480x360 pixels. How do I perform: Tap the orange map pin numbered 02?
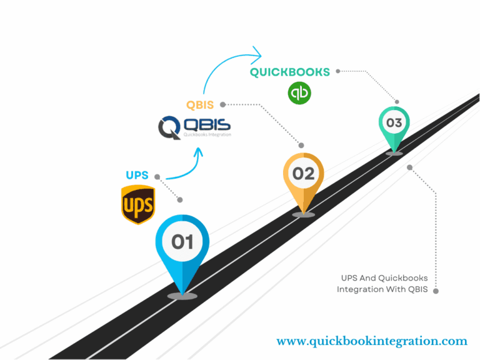[x=304, y=178]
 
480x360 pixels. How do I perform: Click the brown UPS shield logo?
[x=137, y=204]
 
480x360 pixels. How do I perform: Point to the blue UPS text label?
[x=137, y=176]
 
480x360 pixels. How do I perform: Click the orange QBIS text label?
[x=201, y=104]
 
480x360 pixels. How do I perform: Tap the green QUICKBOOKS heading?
[x=290, y=72]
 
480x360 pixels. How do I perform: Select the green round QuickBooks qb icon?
[x=299, y=93]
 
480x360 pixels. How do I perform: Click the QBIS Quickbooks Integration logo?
[x=194, y=127]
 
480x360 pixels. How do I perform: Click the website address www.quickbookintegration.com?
[x=372, y=341]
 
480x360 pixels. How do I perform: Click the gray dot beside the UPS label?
[x=157, y=176]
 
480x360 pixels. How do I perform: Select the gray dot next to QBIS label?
[x=222, y=104]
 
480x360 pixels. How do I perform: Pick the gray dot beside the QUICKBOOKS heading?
[x=338, y=71]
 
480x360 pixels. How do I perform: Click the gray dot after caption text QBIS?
[x=436, y=290]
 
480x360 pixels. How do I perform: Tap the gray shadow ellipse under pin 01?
[x=182, y=296]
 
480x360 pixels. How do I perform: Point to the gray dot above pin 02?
[x=302, y=145]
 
